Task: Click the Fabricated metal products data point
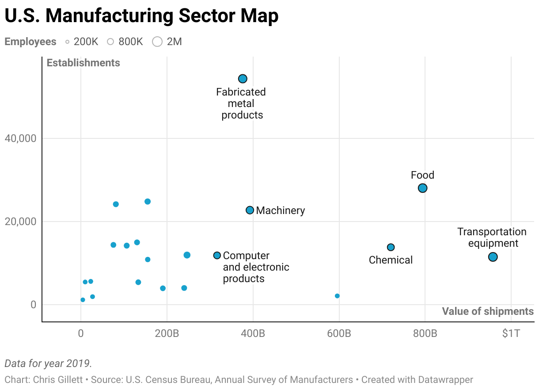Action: (x=243, y=79)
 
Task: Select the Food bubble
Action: (x=423, y=188)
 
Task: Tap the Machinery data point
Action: (x=250, y=210)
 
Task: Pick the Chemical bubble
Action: (x=391, y=247)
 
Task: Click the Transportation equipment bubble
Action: (x=493, y=257)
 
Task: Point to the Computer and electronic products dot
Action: (x=217, y=256)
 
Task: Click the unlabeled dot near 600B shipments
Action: (x=337, y=296)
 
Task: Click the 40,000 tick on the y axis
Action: (x=20, y=138)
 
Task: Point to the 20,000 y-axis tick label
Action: (x=20, y=222)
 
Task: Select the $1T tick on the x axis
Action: (x=511, y=333)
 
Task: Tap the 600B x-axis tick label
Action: (x=339, y=333)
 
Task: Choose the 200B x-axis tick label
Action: (x=167, y=333)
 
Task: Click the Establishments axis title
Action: (x=84, y=63)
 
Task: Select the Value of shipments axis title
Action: (x=488, y=311)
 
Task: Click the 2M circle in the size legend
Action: (x=157, y=42)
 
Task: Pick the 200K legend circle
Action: (x=68, y=42)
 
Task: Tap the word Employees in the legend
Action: (x=30, y=42)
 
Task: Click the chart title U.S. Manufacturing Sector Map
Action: (x=141, y=16)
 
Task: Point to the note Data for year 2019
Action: (x=48, y=363)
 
